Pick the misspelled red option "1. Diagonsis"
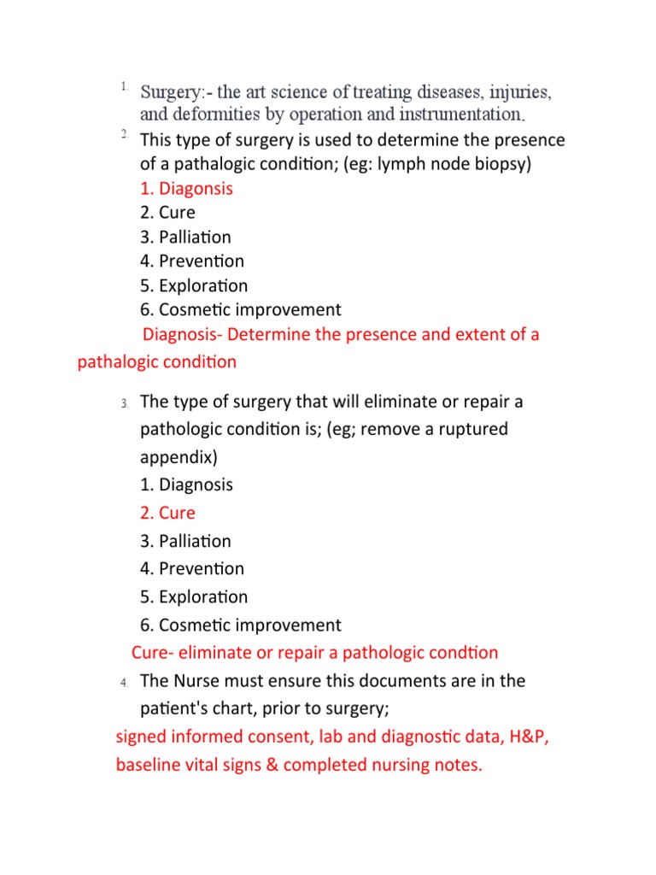coord(186,188)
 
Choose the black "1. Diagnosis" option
coord(186,484)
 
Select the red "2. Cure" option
coord(167,513)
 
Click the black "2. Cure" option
coord(167,212)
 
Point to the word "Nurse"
coord(198,681)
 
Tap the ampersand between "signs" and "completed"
coord(271,765)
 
